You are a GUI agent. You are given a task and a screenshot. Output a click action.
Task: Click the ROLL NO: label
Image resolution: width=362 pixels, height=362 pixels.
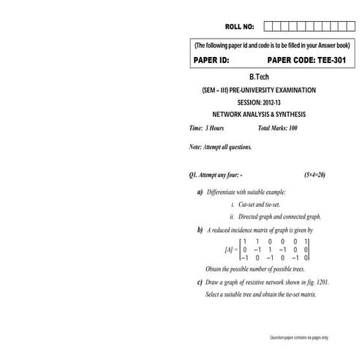pyautogui.click(x=238, y=27)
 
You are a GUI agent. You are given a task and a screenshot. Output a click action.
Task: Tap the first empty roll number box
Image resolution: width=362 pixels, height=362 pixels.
pyautogui.click(x=268, y=27)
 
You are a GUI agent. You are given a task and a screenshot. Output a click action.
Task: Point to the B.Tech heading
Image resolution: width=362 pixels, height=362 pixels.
pyautogui.click(x=260, y=77)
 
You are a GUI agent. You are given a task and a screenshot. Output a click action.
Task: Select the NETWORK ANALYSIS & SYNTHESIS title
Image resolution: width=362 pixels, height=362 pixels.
pyautogui.click(x=259, y=115)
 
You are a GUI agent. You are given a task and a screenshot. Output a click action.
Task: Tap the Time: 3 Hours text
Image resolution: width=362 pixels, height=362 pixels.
pyautogui.click(x=207, y=128)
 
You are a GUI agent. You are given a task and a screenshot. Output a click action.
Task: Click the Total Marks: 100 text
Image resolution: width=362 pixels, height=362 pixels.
pyautogui.click(x=278, y=128)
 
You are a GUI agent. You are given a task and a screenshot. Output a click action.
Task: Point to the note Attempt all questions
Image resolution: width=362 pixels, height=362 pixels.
pyautogui.click(x=220, y=147)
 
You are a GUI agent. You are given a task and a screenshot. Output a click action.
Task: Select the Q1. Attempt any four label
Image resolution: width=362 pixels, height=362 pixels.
pyautogui.click(x=216, y=176)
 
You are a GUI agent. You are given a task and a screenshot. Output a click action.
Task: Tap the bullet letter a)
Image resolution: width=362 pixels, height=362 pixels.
pyautogui.click(x=200, y=192)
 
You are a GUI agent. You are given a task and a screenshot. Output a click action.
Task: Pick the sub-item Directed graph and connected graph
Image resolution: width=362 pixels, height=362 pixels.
pyautogui.click(x=275, y=216)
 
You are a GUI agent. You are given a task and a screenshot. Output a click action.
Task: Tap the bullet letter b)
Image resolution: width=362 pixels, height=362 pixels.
pyautogui.click(x=200, y=230)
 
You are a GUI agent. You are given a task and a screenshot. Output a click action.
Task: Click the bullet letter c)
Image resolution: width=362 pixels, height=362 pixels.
pyautogui.click(x=200, y=282)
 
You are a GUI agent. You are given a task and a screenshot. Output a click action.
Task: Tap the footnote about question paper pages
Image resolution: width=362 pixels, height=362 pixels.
pyautogui.click(x=300, y=337)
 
